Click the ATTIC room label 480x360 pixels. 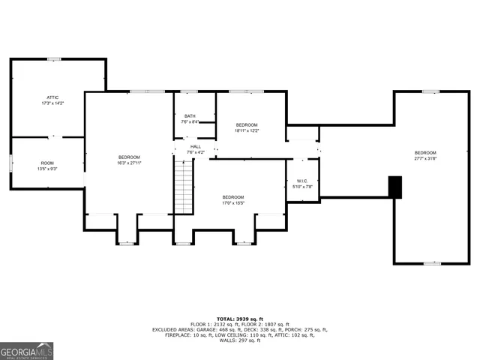52,97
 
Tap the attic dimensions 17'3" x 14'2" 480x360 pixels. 52,103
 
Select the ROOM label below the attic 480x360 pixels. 47,163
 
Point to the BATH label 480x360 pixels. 190,115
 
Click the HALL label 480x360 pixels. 195,146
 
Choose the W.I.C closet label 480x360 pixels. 302,181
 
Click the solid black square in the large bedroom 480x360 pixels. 394,187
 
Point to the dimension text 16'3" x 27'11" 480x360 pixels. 129,163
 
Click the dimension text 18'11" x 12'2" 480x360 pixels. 247,130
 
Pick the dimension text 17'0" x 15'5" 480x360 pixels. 232,203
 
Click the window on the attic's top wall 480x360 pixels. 54,58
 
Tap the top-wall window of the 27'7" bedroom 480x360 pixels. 430,91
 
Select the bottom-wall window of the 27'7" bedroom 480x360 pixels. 432,263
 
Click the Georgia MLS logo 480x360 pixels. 27,351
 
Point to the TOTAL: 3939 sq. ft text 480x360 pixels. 240,318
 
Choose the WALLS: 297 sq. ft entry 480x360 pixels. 239,340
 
